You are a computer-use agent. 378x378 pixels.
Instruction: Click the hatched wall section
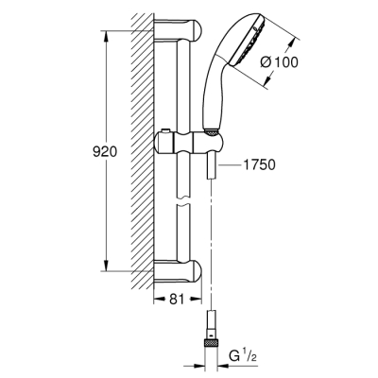point(142,151)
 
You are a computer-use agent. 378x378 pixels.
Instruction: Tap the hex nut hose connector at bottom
point(210,336)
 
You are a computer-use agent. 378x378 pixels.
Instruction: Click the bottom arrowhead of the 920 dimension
point(102,266)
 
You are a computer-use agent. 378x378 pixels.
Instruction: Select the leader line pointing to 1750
point(227,164)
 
